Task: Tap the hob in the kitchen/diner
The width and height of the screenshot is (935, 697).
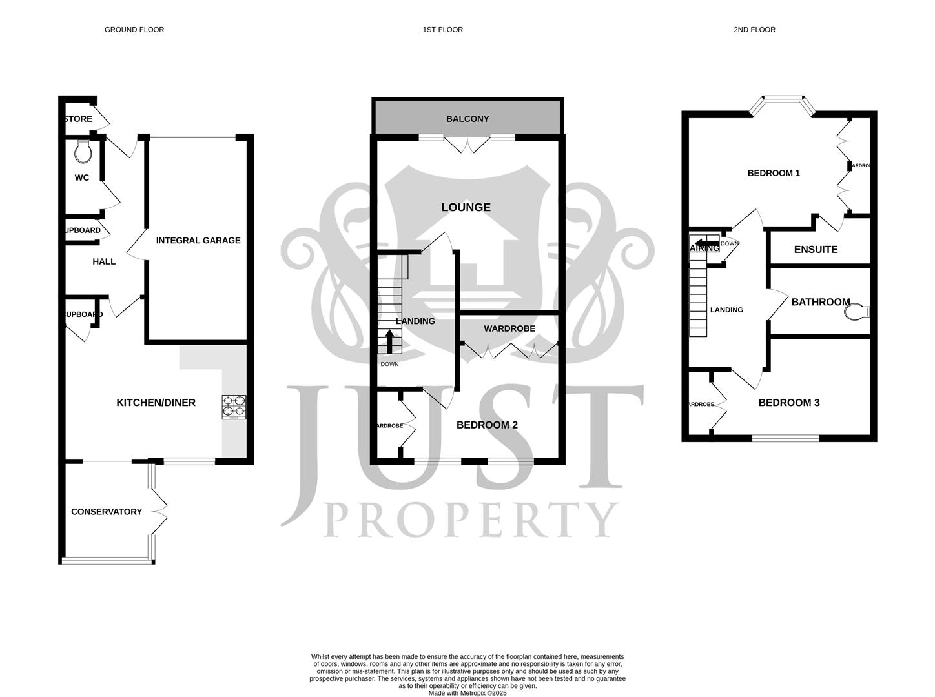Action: point(234,407)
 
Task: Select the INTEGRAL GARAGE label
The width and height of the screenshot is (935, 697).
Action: point(198,240)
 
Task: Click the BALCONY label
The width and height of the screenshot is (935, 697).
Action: point(467,119)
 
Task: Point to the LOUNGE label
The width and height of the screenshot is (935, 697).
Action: point(466,207)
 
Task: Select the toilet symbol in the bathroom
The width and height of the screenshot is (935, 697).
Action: point(856,312)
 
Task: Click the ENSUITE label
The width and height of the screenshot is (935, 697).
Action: point(816,249)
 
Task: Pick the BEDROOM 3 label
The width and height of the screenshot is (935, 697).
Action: point(788,403)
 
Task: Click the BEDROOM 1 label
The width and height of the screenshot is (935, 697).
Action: point(774,173)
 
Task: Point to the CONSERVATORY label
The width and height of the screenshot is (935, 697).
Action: point(107,512)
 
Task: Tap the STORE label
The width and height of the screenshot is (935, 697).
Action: point(79,119)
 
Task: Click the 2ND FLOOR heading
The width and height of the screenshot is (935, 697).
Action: point(754,30)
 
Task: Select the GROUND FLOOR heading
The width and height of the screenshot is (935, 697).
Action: point(134,30)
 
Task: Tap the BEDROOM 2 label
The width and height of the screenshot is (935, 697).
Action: point(487,425)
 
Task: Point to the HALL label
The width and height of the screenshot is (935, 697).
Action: point(104,261)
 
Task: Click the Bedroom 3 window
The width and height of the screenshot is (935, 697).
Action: point(785,438)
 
